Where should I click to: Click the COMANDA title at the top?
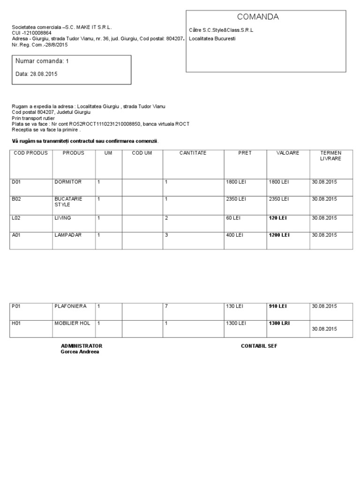pyautogui.click(x=258, y=17)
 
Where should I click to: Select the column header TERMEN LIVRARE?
pyautogui.click(x=330, y=156)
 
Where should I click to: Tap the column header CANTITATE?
pyautogui.click(x=193, y=153)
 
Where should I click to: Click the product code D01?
pyautogui.click(x=16, y=182)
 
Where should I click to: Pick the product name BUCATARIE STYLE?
pyautogui.click(x=68, y=202)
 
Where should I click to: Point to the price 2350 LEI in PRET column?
pyautogui.click(x=236, y=199)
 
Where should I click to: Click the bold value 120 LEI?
pyautogui.click(x=277, y=218)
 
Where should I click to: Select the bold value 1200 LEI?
pyautogui.click(x=279, y=235)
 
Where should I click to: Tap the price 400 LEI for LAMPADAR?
pyautogui.click(x=234, y=235)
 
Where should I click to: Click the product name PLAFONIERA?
pyautogui.click(x=71, y=306)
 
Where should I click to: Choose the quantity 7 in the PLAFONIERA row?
pyautogui.click(x=166, y=306)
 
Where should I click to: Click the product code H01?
pyautogui.click(x=16, y=323)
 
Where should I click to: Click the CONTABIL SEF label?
pyautogui.click(x=259, y=346)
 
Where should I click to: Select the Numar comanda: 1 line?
pyautogui.click(x=42, y=61)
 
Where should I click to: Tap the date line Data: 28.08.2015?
pyautogui.click(x=37, y=74)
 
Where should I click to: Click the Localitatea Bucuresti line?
pyautogui.click(x=212, y=38)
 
